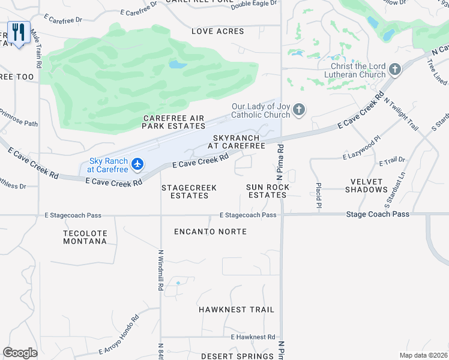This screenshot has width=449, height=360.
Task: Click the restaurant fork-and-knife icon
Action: tap(19, 32)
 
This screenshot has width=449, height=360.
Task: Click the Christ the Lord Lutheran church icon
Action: tap(394, 70)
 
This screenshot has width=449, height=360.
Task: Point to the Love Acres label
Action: tap(218, 31)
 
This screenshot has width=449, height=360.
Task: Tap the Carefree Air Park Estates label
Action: tap(174, 122)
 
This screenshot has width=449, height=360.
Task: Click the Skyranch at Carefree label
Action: tap(237, 142)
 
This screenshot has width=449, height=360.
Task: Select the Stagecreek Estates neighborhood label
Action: tap(189, 191)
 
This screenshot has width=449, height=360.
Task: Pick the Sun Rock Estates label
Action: tap(268, 191)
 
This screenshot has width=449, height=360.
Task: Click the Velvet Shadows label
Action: tap(366, 185)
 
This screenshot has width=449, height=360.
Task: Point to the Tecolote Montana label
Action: tap(85, 237)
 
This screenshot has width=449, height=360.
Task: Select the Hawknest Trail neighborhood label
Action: tap(237, 310)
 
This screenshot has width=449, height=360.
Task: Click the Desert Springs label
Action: tap(237, 356)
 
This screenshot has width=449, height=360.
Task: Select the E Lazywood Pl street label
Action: tap(362, 151)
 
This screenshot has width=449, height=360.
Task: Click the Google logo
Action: tap(20, 353)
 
